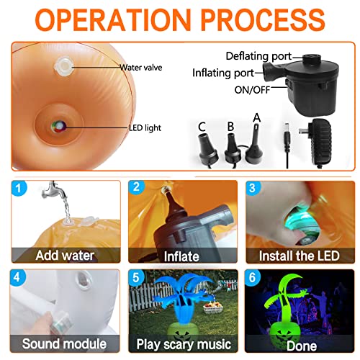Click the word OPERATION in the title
[x=113, y=19]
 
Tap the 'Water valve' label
[x=141, y=68]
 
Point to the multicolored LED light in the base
[x=58, y=126]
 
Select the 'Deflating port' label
[x=258, y=56]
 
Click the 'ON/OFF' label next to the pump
[x=252, y=90]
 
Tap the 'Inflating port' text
[x=223, y=73]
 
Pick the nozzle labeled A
[x=256, y=143]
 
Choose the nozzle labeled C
[x=208, y=150]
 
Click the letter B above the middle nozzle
[x=230, y=127]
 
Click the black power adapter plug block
[x=320, y=142]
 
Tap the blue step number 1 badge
[x=19, y=188]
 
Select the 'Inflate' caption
[x=181, y=256]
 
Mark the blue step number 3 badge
[x=253, y=188]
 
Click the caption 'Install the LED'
[x=300, y=256]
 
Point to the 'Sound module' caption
[x=64, y=343]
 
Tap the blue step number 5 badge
[x=136, y=277]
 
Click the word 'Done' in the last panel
[x=302, y=346]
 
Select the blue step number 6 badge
[x=253, y=277]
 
